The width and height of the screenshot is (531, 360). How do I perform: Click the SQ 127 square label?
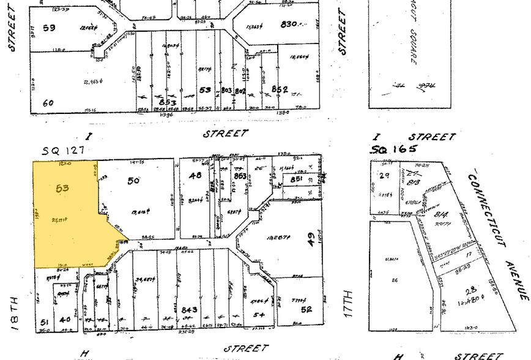[x=62, y=149]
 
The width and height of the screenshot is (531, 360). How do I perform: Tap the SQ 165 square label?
[x=394, y=149]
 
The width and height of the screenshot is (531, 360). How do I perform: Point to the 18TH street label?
[x=16, y=312]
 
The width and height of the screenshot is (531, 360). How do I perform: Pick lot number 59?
[x=49, y=28]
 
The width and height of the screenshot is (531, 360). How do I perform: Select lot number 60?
[x=48, y=103]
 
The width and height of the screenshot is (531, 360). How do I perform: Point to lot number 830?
[x=288, y=24]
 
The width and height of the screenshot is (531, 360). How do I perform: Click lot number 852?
[x=280, y=89]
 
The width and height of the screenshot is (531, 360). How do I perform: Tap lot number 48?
[x=195, y=175]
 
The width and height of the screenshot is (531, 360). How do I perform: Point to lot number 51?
[x=43, y=322]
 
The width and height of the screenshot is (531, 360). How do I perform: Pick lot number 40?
[x=64, y=319]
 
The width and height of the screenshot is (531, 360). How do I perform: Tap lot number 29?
[x=385, y=175]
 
